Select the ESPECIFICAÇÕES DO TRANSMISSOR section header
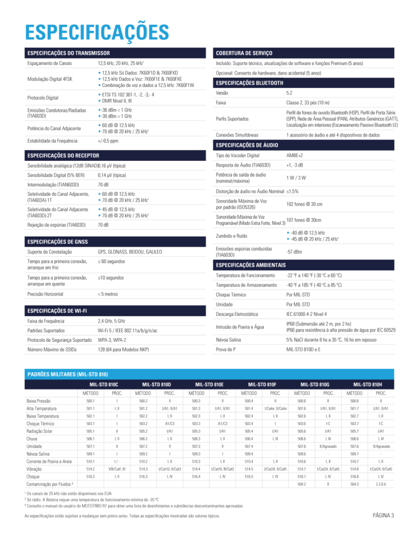coord(68,53)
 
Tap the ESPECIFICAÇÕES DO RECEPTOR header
coord(63,156)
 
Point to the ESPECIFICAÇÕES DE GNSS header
coord(58,241)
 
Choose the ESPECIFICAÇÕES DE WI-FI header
coord(57,310)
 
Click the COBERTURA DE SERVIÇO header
coord(244,53)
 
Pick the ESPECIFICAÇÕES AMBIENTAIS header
coord(251,265)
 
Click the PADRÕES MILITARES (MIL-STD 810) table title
coord(67,374)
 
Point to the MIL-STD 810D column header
coord(156,384)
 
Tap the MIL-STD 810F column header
coord(262,384)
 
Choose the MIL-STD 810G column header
coord(315,384)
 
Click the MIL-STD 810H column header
coord(368,384)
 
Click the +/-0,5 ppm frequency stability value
coord(108,141)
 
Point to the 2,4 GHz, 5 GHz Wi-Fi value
coord(111,320)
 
